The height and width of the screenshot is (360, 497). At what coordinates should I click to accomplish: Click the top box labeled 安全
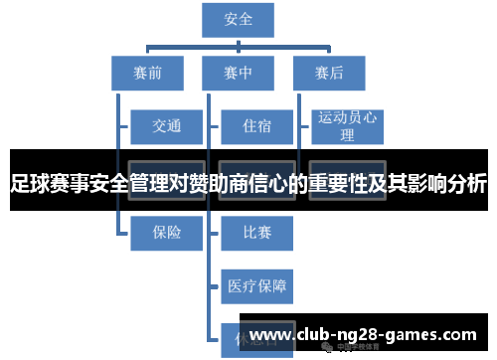tap(239, 18)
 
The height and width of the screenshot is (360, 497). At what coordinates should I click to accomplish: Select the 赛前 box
tap(147, 73)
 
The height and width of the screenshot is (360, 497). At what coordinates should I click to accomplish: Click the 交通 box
tap(166, 126)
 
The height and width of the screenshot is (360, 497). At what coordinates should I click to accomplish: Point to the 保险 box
tap(166, 233)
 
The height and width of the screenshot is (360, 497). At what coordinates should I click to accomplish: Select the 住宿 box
tap(256, 126)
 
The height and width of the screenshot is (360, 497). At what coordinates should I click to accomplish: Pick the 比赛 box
tap(256, 233)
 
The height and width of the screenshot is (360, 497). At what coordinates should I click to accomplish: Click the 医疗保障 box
tap(256, 286)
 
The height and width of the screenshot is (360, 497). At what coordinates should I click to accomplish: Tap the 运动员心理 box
tap(347, 126)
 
